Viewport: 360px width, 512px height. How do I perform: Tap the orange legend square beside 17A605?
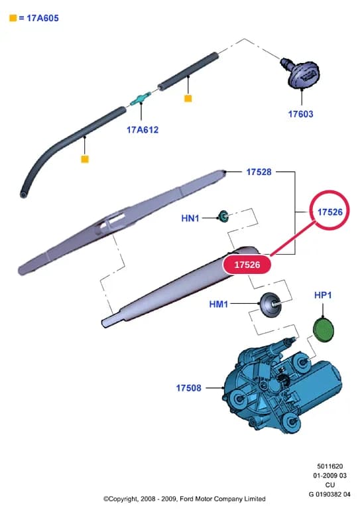click(13, 18)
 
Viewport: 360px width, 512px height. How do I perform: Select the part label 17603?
click(300, 114)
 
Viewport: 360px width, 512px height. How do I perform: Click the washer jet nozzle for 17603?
click(300, 73)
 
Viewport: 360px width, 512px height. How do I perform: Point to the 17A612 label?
click(143, 129)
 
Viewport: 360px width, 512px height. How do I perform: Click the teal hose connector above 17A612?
click(141, 99)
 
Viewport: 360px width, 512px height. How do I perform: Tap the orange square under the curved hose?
click(85, 159)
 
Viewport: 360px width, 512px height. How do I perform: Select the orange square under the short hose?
click(188, 98)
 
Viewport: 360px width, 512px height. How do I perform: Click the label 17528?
click(259, 172)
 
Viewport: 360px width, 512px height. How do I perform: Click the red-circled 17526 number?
click(330, 212)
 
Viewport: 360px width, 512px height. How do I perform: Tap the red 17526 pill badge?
click(247, 265)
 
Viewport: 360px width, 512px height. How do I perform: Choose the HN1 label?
click(190, 218)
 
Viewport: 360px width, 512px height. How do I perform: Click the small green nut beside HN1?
click(223, 216)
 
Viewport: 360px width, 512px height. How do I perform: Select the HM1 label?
click(218, 304)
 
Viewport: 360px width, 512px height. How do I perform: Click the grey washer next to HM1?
click(270, 304)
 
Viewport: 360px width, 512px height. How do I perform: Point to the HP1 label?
click(323, 295)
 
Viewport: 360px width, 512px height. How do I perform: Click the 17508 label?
click(189, 388)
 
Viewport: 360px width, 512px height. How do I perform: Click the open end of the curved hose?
click(23, 194)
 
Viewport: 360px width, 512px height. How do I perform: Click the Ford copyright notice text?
click(184, 499)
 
